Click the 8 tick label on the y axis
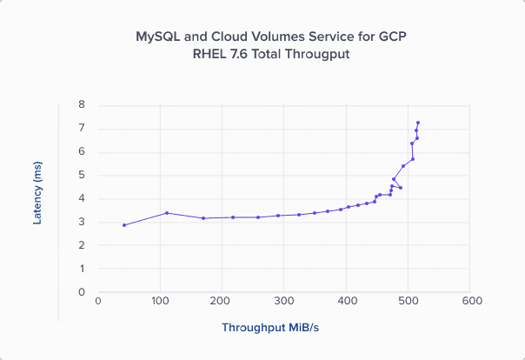pos(82,104)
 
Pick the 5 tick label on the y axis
pos(82,175)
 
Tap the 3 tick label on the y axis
pos(82,222)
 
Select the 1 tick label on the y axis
pos(82,269)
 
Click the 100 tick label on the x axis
pos(160,302)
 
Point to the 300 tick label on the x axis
pos(284,302)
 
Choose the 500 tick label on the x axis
pos(409,302)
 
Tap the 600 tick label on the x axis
pos(471,302)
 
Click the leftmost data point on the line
pos(124,225)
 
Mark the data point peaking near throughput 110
pos(167,213)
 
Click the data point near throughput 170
pos(203,218)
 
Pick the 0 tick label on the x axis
pos(98,302)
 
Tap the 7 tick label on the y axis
pos(82,128)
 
